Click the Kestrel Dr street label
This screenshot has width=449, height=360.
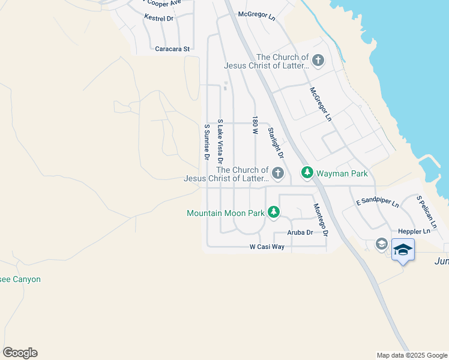(158, 19)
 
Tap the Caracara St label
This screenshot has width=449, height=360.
(172, 49)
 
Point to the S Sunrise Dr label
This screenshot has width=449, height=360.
(206, 142)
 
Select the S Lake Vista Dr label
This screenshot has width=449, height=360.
(220, 142)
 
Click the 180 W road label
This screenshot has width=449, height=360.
(255, 125)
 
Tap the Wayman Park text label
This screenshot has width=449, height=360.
(342, 173)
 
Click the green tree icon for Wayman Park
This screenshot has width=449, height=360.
(307, 173)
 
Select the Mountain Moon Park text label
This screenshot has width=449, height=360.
(226, 212)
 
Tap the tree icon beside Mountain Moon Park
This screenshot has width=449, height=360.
(274, 212)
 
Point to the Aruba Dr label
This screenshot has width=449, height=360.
(300, 232)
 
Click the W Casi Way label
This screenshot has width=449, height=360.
(267, 247)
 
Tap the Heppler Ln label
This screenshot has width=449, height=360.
(414, 231)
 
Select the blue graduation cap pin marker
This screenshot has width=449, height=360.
(403, 249)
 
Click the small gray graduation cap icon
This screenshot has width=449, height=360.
(381, 244)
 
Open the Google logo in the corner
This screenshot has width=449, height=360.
(20, 353)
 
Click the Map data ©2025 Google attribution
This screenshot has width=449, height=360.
(412, 355)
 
